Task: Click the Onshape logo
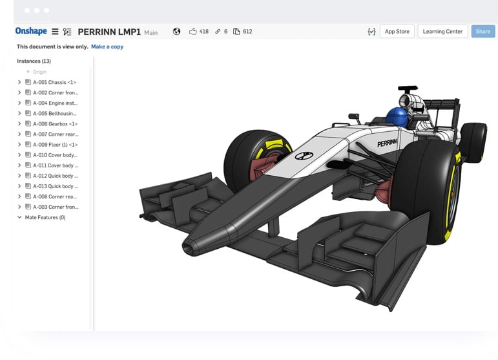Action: pos(32,31)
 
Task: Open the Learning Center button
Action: pos(442,31)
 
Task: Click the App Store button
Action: pos(397,31)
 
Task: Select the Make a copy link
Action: pos(107,47)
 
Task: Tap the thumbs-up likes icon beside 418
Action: pos(192,31)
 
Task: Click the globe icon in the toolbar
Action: pos(176,31)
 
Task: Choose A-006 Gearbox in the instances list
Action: pos(55,123)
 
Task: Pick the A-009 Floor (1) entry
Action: pos(55,144)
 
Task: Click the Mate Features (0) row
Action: pos(45,217)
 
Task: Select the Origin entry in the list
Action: pos(39,72)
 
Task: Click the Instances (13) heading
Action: pos(34,61)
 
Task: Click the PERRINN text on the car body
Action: pos(387,143)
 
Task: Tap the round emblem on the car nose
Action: pos(300,156)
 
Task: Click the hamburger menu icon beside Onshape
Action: pos(55,31)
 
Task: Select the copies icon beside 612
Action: pos(236,31)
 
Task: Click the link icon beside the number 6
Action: pos(218,31)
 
